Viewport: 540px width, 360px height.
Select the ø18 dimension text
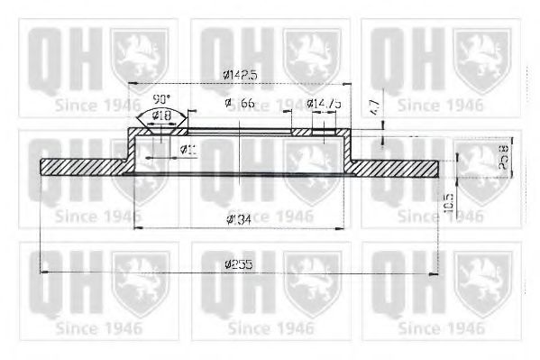163,115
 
